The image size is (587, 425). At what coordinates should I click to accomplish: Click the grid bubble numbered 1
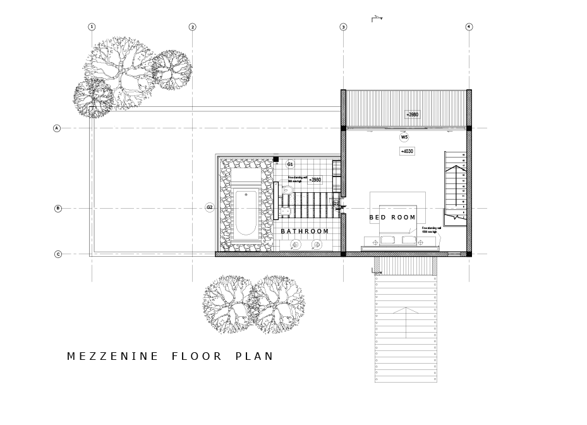(x=92, y=27)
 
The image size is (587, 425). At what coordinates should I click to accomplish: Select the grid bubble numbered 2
(x=192, y=27)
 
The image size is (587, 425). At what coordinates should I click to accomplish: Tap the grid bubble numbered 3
(x=343, y=27)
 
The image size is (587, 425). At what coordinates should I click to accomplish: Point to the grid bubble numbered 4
(x=469, y=27)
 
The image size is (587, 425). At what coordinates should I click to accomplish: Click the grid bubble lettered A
(x=57, y=128)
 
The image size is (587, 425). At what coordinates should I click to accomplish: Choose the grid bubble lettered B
(x=58, y=208)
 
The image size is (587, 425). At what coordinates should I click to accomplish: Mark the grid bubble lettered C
(x=58, y=254)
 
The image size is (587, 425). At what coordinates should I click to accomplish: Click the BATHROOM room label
(x=305, y=231)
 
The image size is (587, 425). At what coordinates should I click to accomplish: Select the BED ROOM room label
(x=392, y=218)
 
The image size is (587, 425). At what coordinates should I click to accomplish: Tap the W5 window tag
(x=404, y=137)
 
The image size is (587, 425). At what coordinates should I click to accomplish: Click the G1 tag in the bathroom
(x=290, y=164)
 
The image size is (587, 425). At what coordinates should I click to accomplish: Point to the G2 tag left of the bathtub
(x=210, y=207)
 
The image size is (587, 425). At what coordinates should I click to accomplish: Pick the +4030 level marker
(x=407, y=151)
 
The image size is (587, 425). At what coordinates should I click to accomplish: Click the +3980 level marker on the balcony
(x=413, y=114)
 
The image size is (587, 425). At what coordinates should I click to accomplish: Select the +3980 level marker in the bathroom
(x=314, y=180)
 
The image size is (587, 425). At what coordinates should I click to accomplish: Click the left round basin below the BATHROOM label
(x=296, y=245)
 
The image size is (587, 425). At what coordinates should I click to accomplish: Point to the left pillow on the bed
(x=387, y=240)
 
